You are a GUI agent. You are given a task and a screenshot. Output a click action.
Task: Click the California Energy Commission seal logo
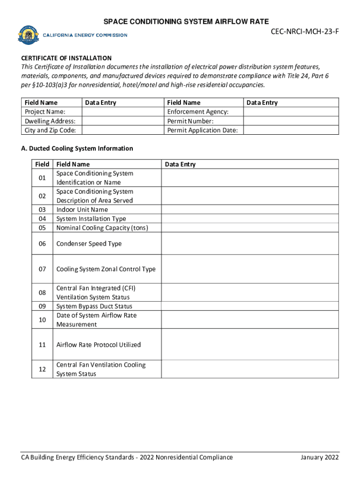pyautogui.click(x=29, y=35)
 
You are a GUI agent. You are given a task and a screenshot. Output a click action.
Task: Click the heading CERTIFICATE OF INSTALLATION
pyautogui.click(x=66, y=58)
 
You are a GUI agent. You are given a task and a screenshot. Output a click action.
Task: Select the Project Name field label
pyautogui.click(x=45, y=112)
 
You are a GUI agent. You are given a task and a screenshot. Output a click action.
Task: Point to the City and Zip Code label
pyautogui.click(x=50, y=130)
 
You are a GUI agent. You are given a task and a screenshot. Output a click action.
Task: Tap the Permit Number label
pyautogui.click(x=190, y=121)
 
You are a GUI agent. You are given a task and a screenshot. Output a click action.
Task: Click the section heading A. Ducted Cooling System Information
pyautogui.click(x=77, y=148)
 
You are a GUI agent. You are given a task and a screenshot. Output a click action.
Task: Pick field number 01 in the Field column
pyautogui.click(x=42, y=178)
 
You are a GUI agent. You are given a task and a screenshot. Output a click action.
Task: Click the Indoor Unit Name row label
pyautogui.click(x=82, y=210)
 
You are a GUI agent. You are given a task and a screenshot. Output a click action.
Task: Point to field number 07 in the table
pyautogui.click(x=42, y=269)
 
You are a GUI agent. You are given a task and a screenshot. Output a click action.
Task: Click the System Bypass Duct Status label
pyautogui.click(x=94, y=306)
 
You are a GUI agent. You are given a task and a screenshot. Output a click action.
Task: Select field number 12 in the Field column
pyautogui.click(x=42, y=369)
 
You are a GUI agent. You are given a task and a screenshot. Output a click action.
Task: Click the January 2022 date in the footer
pyautogui.click(x=319, y=457)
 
